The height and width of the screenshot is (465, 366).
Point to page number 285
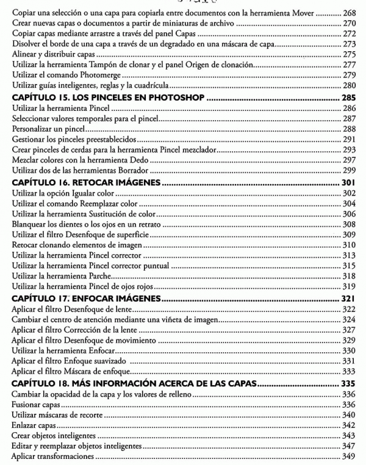(348, 97)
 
